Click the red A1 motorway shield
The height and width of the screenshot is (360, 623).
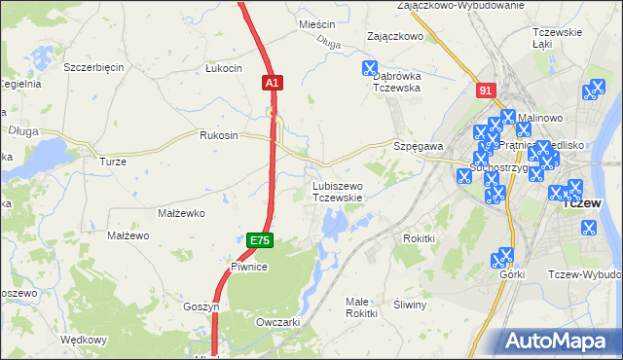point(273,85)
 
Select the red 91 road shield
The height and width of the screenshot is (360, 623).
point(486,90)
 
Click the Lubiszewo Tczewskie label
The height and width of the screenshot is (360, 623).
point(337,191)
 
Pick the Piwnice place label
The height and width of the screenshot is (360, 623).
point(248,266)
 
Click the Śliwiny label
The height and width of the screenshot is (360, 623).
point(410,305)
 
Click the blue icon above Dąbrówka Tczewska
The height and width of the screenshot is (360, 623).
point(369,68)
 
